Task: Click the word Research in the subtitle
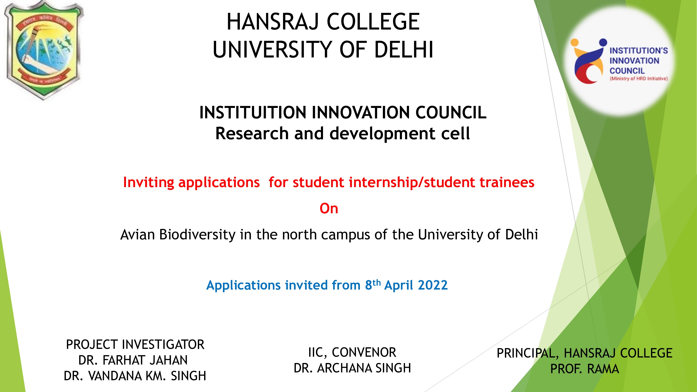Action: [x=252, y=133]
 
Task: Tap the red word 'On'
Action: [x=329, y=209]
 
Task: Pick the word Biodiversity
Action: [x=197, y=235]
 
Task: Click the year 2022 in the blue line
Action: [x=432, y=285]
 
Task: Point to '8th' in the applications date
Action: [x=373, y=285]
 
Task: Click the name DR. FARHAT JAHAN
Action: [x=133, y=360]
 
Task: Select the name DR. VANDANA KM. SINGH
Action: [x=135, y=376]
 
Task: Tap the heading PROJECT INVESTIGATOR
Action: [x=135, y=345]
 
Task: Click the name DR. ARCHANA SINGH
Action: [x=352, y=368]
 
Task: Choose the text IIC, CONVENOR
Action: [x=352, y=353]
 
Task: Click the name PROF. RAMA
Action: [x=584, y=369]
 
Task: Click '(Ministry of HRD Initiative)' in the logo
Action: [x=638, y=79]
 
